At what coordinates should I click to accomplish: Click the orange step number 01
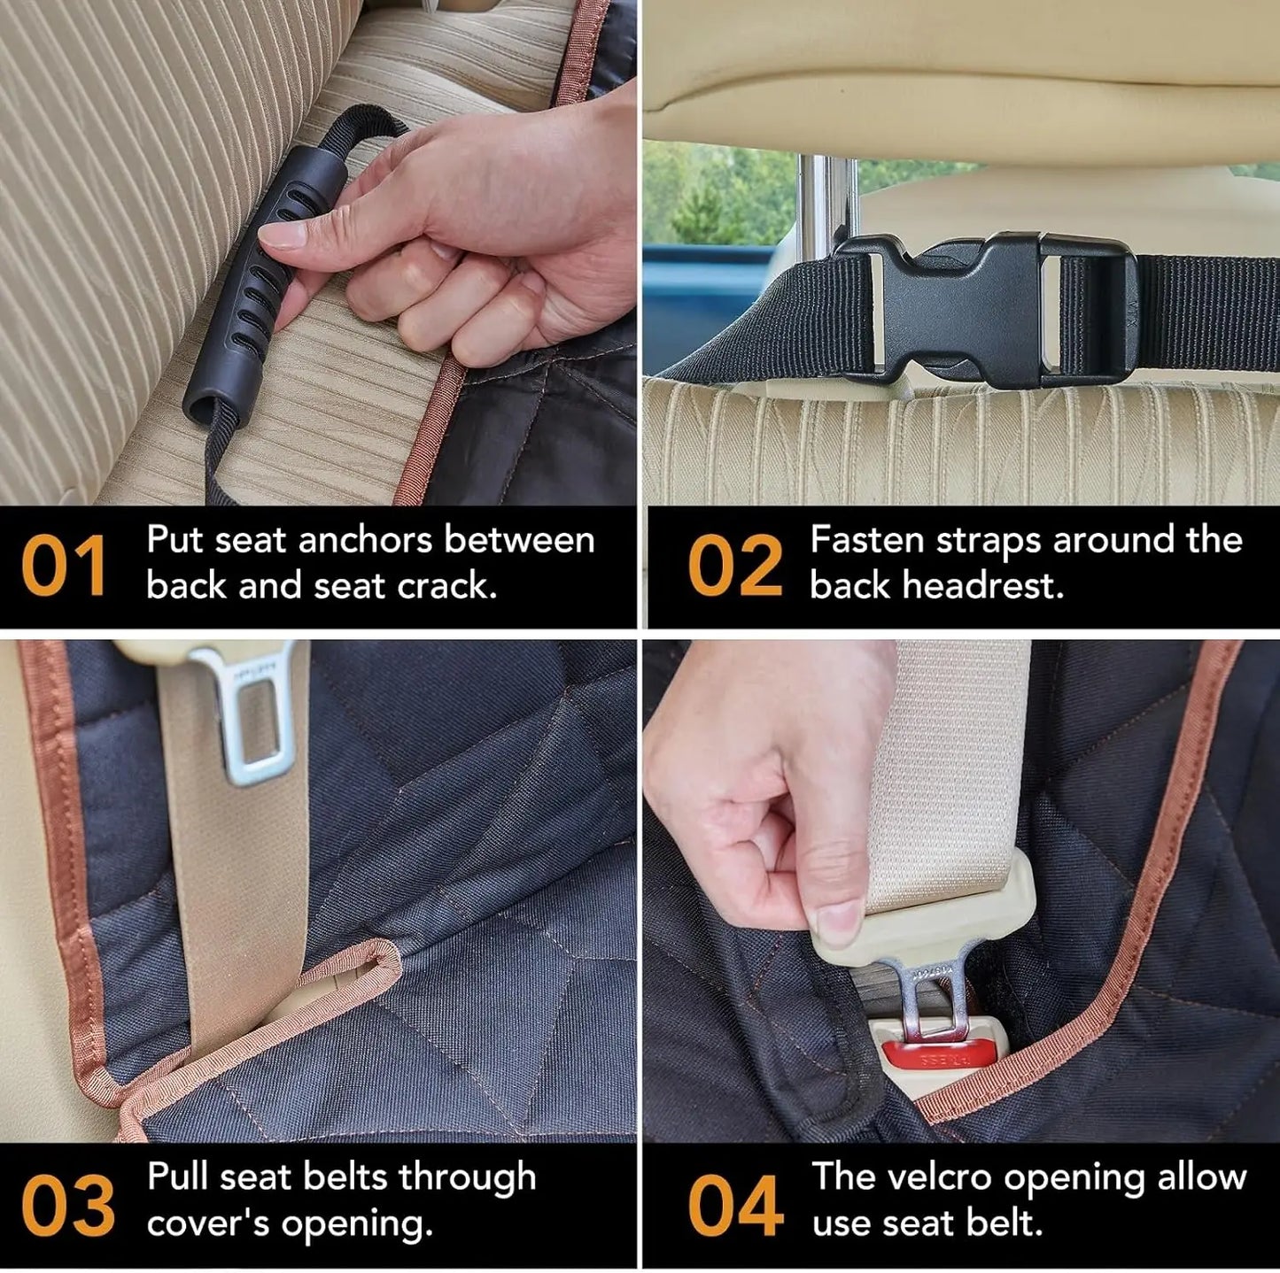point(64,567)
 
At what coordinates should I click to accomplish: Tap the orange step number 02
point(734,567)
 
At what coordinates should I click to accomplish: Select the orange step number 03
point(67,1205)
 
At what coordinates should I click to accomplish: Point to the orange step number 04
point(734,1205)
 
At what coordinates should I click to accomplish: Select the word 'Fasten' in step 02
point(867,540)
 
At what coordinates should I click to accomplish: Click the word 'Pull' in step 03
point(177,1177)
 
